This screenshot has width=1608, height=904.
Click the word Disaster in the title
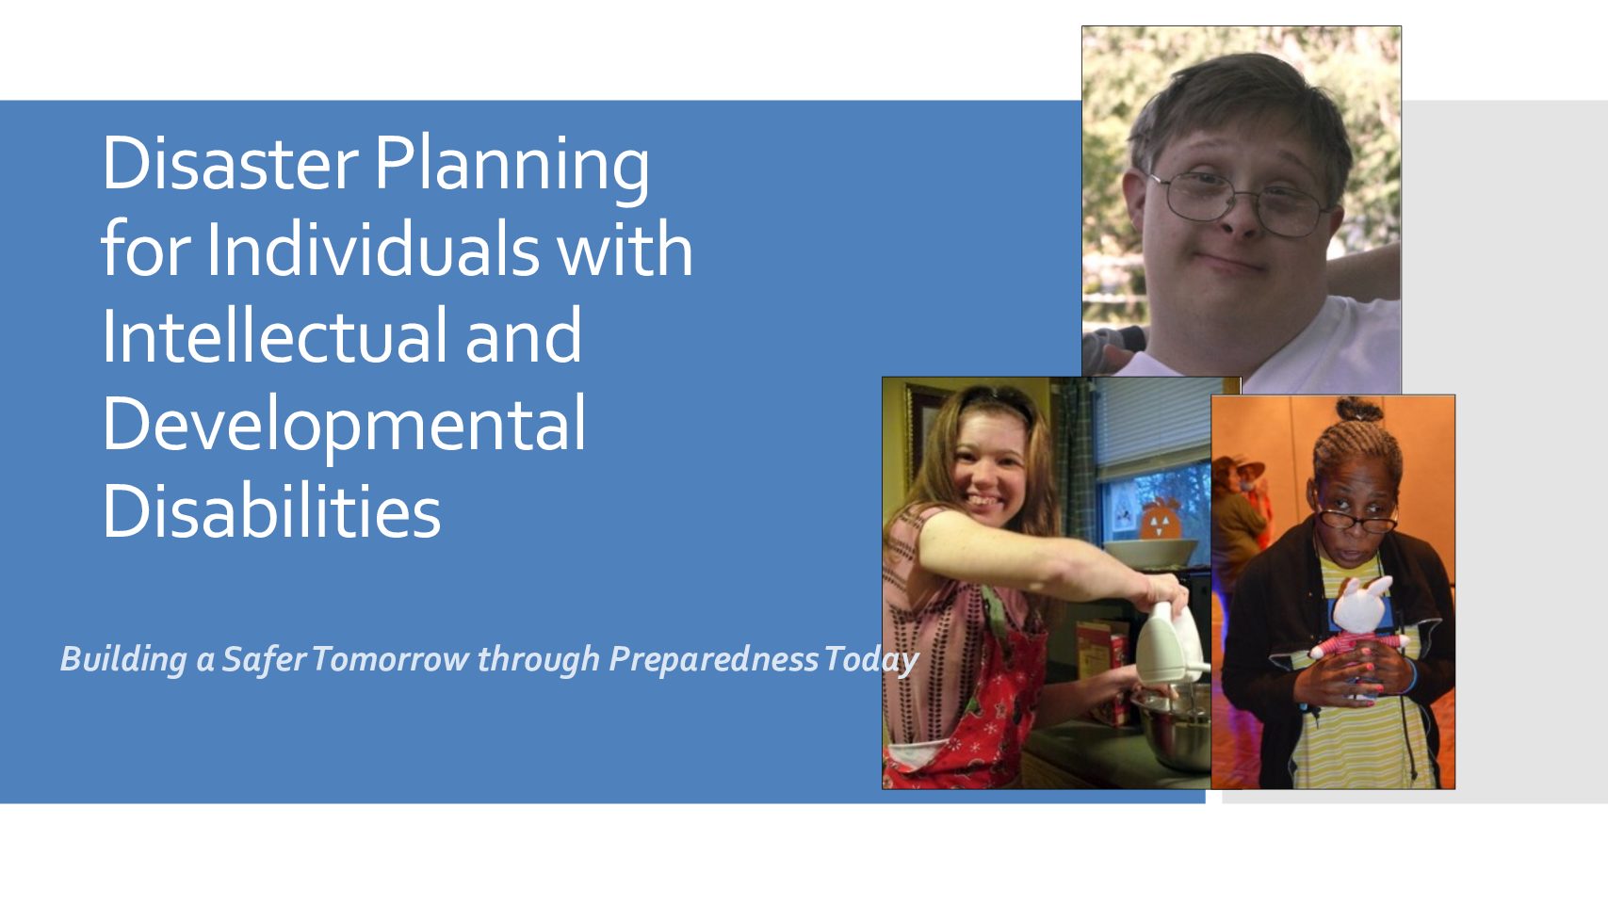[x=231, y=163]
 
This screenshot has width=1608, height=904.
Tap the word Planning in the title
[x=512, y=168]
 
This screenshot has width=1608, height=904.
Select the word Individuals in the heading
[x=373, y=249]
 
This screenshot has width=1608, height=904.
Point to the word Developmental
[x=345, y=427]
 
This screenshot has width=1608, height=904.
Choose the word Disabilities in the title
[x=271, y=509]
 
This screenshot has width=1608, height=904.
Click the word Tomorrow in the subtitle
[x=390, y=659]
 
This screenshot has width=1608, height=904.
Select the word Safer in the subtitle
[x=264, y=659]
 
